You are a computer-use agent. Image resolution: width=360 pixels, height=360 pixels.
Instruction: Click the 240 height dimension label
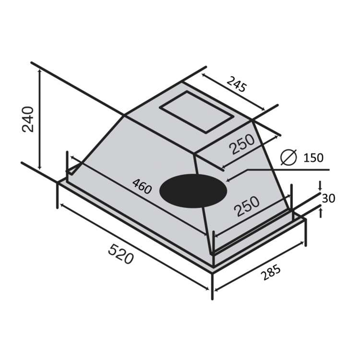click(28, 119)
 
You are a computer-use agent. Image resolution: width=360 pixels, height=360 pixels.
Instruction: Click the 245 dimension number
click(236, 84)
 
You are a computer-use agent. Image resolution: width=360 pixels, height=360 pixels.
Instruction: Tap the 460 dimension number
click(142, 186)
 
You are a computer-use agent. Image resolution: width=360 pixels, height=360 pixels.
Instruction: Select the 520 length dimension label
click(121, 254)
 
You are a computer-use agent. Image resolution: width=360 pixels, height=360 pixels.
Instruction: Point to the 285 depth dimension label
click(270, 272)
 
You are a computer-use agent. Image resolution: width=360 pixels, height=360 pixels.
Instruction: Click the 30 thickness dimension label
click(328, 198)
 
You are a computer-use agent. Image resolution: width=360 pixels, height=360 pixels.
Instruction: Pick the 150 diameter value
click(313, 158)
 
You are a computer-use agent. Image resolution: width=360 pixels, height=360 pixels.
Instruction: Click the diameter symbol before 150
click(289, 157)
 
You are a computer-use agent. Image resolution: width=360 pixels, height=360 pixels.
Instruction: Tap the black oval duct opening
click(193, 191)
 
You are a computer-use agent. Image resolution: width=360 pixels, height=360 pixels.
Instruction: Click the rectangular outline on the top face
click(197, 112)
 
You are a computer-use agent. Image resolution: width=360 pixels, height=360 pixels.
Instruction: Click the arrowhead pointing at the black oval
click(228, 180)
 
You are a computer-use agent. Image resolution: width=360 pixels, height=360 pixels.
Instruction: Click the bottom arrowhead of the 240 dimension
click(40, 167)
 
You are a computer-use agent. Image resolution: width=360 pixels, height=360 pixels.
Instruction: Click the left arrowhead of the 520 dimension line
click(62, 205)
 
